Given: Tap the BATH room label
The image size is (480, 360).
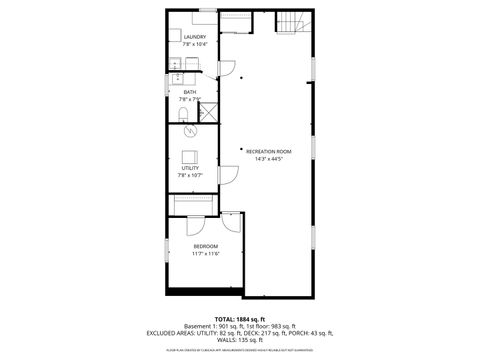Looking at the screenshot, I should pos(190,91).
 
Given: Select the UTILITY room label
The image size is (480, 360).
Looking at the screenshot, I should pos(189,169).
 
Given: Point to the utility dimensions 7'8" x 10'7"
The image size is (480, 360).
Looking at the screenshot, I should pos(189,176).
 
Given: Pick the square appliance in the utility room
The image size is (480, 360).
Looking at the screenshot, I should pos(188,155).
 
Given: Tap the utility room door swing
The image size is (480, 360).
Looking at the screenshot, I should pos(227,174).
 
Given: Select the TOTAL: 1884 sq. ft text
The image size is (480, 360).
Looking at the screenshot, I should pos(239,318).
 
